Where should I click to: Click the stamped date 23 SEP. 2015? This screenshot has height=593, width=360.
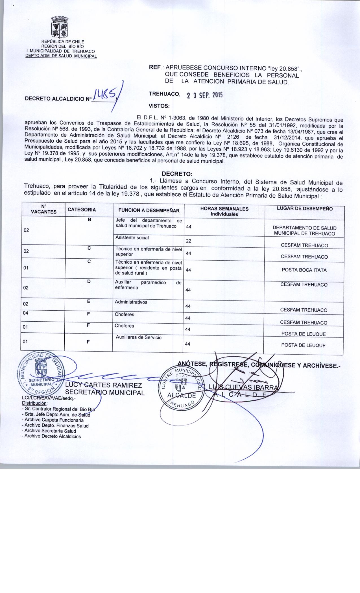[x=204, y=95]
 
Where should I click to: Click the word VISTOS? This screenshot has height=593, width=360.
[x=159, y=106]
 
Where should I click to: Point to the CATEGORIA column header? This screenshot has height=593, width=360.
[x=82, y=210]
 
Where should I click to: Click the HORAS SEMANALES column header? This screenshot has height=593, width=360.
[x=224, y=211]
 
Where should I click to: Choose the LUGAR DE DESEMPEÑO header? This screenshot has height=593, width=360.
[x=305, y=209]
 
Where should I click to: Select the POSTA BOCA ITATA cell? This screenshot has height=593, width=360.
[x=304, y=270]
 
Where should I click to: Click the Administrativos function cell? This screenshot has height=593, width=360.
[x=131, y=302]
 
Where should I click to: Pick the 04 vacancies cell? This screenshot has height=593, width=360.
[x=26, y=313]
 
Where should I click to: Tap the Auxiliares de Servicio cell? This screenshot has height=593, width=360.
[x=139, y=337]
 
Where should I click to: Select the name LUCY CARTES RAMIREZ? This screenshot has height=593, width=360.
[x=104, y=386]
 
